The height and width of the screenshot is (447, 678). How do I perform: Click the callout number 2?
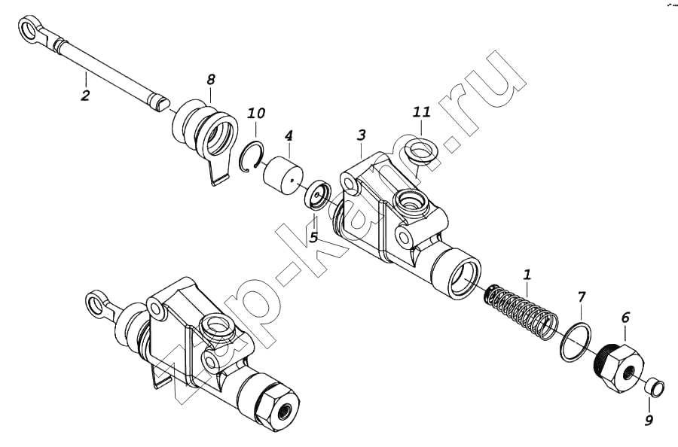[x=85, y=95]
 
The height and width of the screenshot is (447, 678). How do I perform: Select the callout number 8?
[x=211, y=80]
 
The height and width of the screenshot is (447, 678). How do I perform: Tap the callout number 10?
[x=256, y=114]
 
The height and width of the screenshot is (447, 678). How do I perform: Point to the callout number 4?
[x=289, y=136]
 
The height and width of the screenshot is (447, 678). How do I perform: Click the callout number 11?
[x=422, y=112]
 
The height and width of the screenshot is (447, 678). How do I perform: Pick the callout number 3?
[x=362, y=135]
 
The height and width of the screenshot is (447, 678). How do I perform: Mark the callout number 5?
[x=314, y=237]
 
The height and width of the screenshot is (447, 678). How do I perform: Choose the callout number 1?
[x=527, y=274]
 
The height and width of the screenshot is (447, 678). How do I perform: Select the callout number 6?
[x=625, y=318]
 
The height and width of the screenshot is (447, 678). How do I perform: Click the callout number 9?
[x=649, y=419]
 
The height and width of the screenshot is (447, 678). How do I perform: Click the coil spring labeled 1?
[x=521, y=310]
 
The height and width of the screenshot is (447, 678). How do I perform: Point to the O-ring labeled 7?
[x=576, y=341]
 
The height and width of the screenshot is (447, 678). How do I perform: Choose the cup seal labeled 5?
[x=318, y=195]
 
